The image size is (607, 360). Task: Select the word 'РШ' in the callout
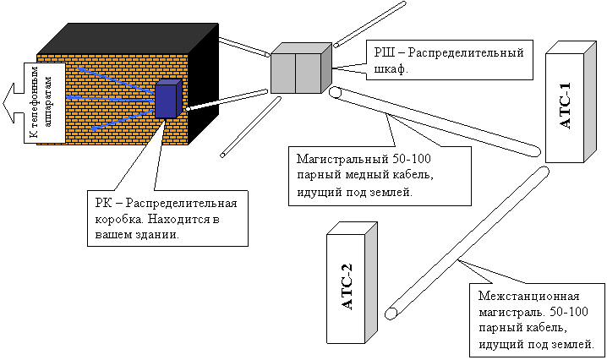(x=386, y=53)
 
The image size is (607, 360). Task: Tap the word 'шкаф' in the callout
(x=391, y=69)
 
